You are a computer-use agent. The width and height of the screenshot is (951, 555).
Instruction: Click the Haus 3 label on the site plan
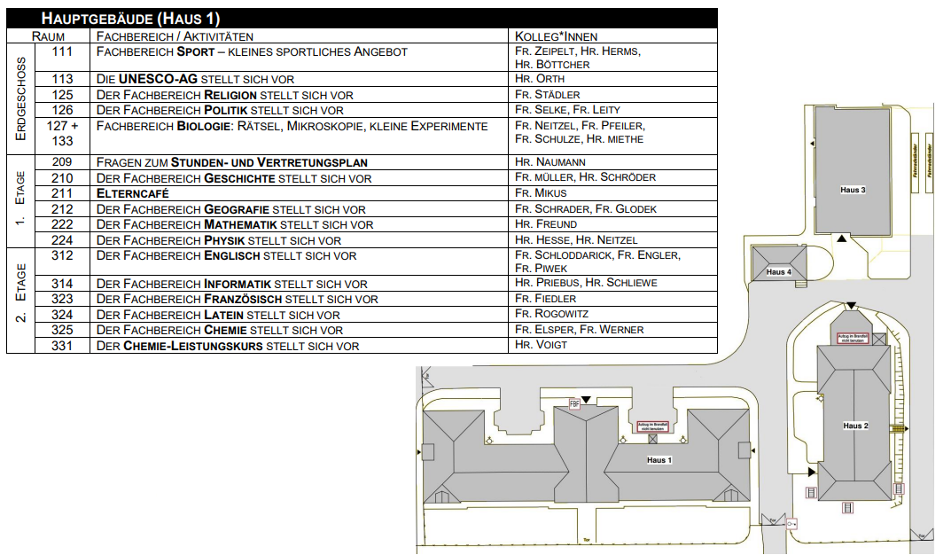(852, 191)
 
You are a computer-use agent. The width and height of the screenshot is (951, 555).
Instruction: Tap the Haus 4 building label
(778, 272)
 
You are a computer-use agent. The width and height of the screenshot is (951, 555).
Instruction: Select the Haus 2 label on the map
(855, 426)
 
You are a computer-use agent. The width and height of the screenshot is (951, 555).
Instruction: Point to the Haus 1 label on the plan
(659, 460)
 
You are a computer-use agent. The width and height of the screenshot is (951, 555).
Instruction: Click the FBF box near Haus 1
(574, 403)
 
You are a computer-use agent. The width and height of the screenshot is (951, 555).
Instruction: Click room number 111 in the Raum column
(62, 52)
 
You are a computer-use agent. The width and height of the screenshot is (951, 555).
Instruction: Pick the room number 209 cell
(62, 162)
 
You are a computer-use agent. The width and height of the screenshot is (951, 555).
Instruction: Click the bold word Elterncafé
(133, 193)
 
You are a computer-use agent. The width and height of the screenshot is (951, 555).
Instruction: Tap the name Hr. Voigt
(540, 345)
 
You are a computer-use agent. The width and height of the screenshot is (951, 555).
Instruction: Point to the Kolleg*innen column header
(557, 36)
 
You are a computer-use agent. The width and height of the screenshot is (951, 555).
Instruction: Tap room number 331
(62, 345)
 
